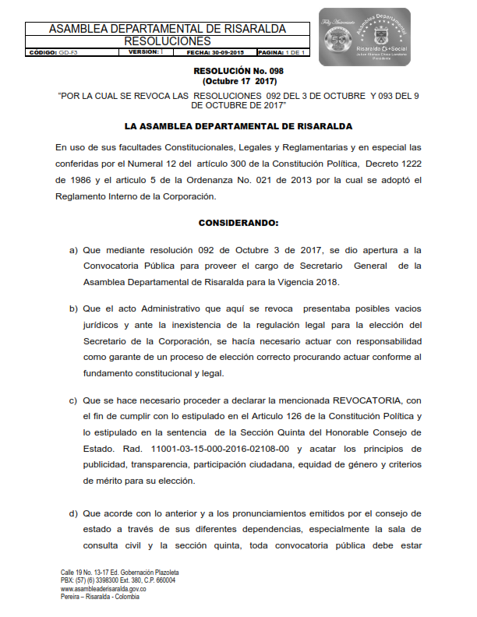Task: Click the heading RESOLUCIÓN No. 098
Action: click(x=239, y=71)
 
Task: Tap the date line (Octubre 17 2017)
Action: click(x=238, y=81)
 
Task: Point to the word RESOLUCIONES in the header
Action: click(x=168, y=41)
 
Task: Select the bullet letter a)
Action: click(x=74, y=250)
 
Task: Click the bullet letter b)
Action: click(x=74, y=308)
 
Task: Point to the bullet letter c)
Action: click(x=74, y=400)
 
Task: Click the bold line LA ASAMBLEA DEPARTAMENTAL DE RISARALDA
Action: click(x=238, y=125)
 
